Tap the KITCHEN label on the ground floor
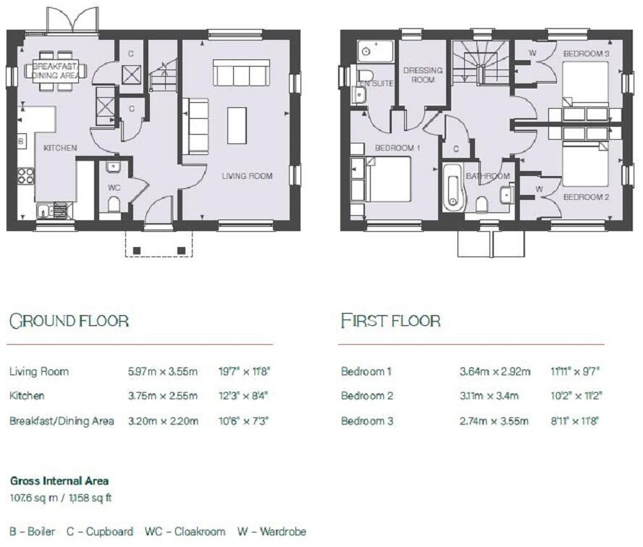(x=60, y=148)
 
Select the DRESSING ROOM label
(x=423, y=75)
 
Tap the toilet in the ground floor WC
(x=114, y=204)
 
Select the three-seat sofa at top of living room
(x=240, y=73)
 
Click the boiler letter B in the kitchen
(x=20, y=140)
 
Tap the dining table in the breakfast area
(x=55, y=70)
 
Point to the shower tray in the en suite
(x=375, y=51)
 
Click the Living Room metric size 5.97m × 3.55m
(x=162, y=372)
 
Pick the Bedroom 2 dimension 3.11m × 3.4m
(x=495, y=396)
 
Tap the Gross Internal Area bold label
(x=59, y=480)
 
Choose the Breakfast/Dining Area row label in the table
(x=62, y=421)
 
